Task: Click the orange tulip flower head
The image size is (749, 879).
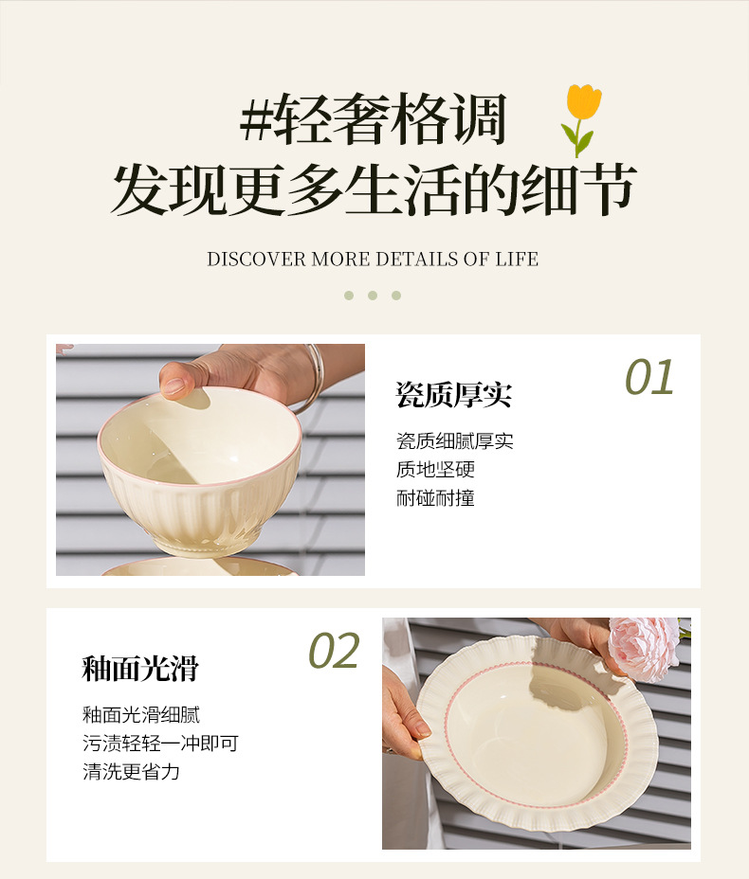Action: [583, 101]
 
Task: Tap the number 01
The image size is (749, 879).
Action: [649, 377]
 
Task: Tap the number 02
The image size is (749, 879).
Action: [334, 651]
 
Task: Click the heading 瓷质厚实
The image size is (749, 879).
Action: [454, 395]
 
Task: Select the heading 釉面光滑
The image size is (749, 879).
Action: [140, 668]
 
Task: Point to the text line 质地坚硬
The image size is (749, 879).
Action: [435, 469]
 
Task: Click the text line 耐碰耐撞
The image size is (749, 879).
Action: [435, 498]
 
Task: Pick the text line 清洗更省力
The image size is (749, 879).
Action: [131, 772]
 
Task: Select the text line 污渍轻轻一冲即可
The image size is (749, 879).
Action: [160, 744]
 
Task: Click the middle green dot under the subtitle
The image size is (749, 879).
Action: [373, 296]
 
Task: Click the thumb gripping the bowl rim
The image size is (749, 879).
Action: [178, 381]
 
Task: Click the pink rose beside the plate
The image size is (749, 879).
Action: [644, 648]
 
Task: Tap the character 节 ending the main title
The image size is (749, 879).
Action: [608, 189]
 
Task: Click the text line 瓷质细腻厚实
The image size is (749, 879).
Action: [455, 441]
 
